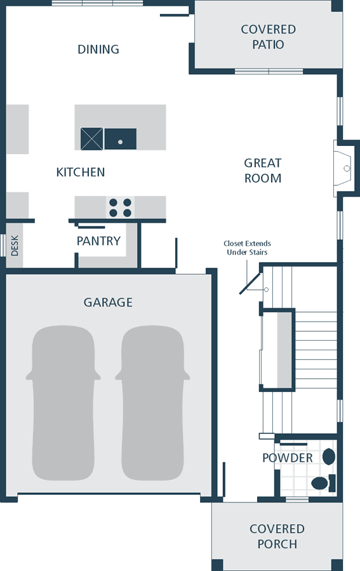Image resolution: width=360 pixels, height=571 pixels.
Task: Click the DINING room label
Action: [x=98, y=49]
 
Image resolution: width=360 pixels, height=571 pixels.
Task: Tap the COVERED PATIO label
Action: [x=268, y=37]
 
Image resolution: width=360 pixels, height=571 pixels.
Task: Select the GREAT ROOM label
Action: [x=263, y=171]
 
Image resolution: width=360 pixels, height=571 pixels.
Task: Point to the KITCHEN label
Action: [x=81, y=172]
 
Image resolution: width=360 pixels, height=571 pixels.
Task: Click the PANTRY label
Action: [x=98, y=240]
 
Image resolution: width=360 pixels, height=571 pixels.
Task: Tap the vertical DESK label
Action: [x=15, y=246]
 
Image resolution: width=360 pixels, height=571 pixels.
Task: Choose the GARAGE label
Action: [x=108, y=302]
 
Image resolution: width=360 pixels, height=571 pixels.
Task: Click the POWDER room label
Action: [x=288, y=457]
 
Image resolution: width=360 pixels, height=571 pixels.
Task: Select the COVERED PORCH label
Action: [x=277, y=536]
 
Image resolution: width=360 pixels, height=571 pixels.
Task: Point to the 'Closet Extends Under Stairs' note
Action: [x=248, y=247]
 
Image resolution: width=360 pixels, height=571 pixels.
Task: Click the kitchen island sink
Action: [x=121, y=139]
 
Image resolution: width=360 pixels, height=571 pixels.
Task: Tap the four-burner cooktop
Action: [x=120, y=207]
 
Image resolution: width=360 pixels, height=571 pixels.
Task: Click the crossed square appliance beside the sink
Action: [x=92, y=139]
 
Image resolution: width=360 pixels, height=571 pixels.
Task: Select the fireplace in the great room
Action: [x=343, y=169]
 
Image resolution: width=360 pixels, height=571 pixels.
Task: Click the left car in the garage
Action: [x=63, y=403]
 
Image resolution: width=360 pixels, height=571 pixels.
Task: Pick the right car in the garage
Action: [x=152, y=403]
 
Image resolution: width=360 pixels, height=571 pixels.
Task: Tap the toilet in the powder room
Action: [x=323, y=483]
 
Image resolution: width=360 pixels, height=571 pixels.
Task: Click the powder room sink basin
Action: [x=329, y=457]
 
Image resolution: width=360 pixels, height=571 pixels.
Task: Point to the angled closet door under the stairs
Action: [x=250, y=283]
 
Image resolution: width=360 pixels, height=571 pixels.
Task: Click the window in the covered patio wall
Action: [x=269, y=71]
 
